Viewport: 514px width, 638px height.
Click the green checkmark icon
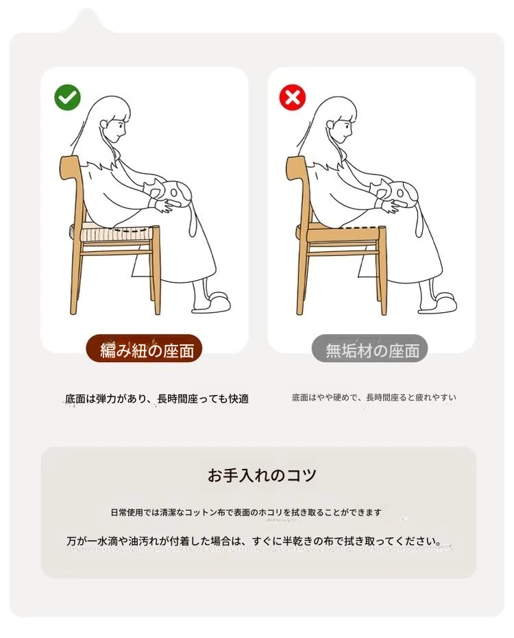tap(67, 97)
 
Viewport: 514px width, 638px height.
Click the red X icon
tap(293, 97)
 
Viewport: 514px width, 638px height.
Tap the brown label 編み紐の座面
tap(144, 349)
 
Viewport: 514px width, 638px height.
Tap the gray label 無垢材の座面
tap(370, 349)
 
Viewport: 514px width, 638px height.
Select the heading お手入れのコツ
tap(262, 475)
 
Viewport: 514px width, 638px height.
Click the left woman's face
tap(118, 128)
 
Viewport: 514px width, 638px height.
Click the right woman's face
tap(344, 128)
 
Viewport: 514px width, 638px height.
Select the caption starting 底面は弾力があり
tap(157, 398)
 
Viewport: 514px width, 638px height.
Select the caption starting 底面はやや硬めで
tap(374, 397)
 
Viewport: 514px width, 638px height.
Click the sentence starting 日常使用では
tap(246, 512)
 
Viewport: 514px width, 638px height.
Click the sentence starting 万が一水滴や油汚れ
tap(254, 541)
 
